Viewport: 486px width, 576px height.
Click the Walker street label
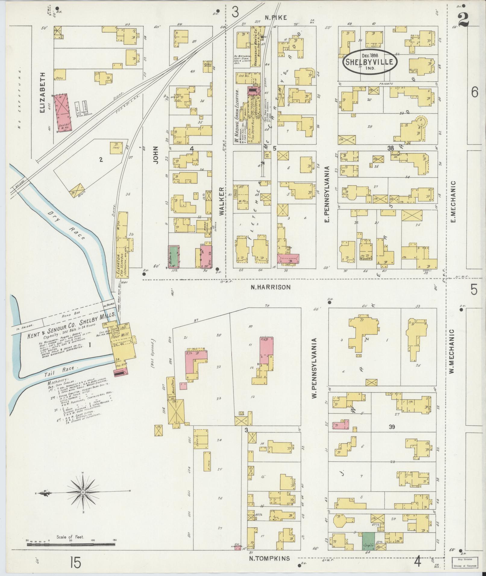click(x=222, y=201)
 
